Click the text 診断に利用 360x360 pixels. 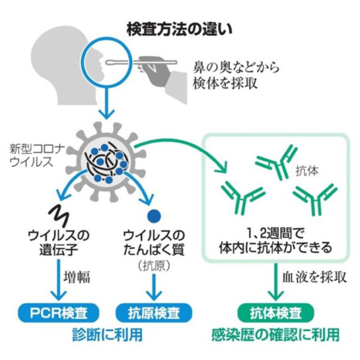(x=106, y=334)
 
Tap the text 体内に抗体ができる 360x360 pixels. (x=275, y=247)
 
